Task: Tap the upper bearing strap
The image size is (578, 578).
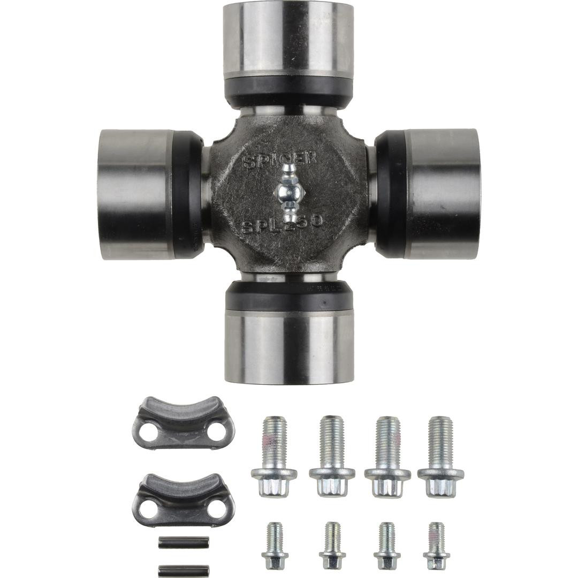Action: pyautogui.click(x=183, y=423)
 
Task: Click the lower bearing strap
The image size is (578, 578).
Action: pyautogui.click(x=183, y=500)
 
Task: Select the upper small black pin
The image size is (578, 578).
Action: pyautogui.click(x=184, y=542)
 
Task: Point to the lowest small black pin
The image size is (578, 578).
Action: pyautogui.click(x=184, y=571)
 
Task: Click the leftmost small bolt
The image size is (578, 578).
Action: pyautogui.click(x=275, y=546)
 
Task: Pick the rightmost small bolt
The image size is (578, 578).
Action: pyautogui.click(x=436, y=546)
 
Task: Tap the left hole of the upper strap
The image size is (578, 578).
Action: pyautogui.click(x=149, y=432)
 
